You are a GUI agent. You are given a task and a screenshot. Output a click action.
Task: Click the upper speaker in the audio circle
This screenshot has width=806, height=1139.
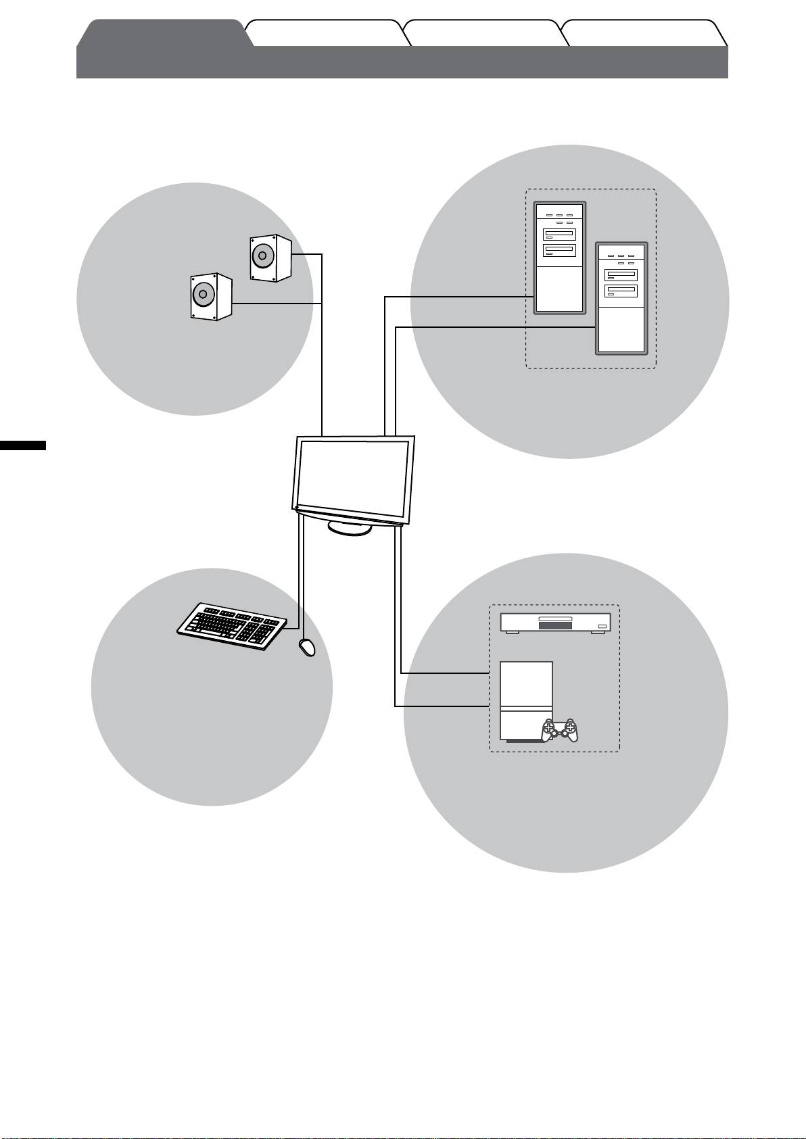[x=270, y=258]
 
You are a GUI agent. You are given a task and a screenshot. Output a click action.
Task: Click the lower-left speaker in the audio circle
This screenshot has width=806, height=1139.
[x=211, y=296]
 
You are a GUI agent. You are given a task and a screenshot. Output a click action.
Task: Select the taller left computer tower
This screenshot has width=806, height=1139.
[x=559, y=258]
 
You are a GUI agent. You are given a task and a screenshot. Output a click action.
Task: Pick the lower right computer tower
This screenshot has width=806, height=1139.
[x=621, y=298]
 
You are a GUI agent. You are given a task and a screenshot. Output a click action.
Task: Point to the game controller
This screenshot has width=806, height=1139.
[x=561, y=731]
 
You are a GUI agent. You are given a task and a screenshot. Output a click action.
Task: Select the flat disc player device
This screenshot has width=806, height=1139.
[x=555, y=623]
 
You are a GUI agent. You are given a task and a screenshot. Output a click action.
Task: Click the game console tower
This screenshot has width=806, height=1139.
[x=525, y=701]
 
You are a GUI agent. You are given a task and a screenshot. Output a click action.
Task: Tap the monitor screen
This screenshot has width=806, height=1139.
[x=354, y=476]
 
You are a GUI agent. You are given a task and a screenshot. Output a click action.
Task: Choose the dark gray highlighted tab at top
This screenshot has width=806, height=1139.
[x=162, y=34]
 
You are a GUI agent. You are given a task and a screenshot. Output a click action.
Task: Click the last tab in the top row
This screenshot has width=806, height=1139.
[x=642, y=34]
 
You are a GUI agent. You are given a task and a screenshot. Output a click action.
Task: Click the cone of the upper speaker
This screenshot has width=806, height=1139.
[x=262, y=258]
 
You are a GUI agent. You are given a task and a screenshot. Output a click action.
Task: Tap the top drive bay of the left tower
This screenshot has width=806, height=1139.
[x=559, y=235]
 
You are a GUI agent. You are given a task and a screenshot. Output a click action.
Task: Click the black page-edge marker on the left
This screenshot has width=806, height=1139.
[x=23, y=445]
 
